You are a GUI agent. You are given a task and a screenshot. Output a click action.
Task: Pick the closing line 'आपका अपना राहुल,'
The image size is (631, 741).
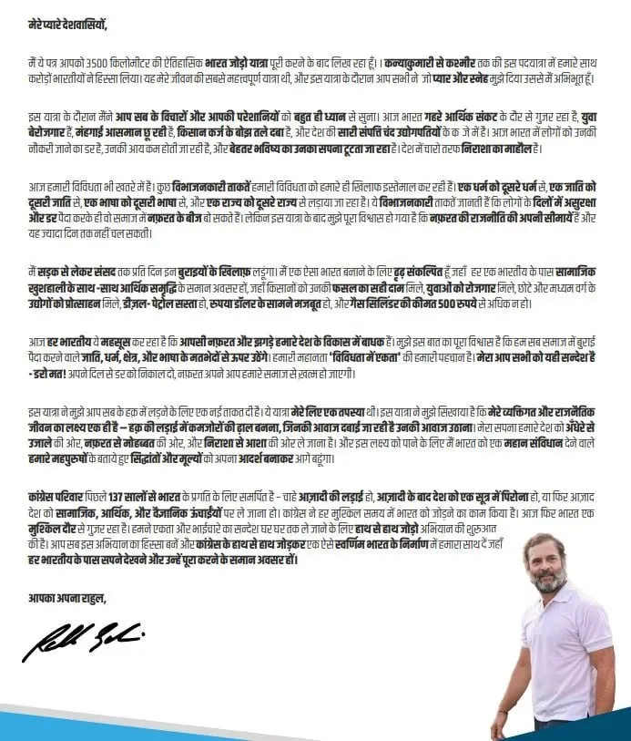pos(67,598)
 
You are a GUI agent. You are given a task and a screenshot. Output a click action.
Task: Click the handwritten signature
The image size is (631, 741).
pos(82,642)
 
